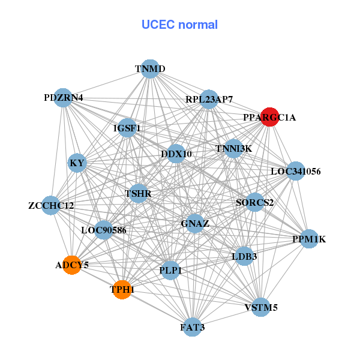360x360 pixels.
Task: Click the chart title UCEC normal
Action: [x=179, y=25]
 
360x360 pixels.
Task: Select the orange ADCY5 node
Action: [x=72, y=265]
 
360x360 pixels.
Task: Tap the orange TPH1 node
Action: [x=122, y=289]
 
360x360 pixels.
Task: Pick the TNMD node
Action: [x=150, y=69]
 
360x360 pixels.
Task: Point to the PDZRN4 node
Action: [x=64, y=97]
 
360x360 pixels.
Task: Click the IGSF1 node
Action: [x=127, y=128]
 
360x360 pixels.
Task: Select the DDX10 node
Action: [x=176, y=154]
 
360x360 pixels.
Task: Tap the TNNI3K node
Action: [x=233, y=148]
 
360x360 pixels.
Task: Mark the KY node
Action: [x=77, y=163]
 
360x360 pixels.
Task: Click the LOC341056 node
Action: [x=296, y=171]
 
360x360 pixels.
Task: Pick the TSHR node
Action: [x=139, y=193]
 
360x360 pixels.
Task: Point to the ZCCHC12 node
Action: [x=52, y=206]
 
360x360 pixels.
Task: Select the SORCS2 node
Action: [x=255, y=202]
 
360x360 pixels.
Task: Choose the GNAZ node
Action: [x=195, y=224]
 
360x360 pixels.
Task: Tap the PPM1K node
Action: [x=309, y=239]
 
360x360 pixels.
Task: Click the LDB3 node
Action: [x=244, y=256]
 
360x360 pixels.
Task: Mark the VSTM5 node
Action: [x=261, y=308]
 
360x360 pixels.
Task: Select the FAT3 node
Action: [x=192, y=327]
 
